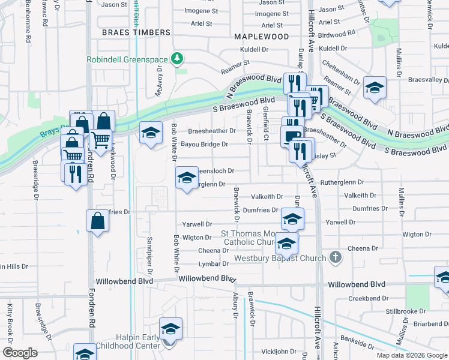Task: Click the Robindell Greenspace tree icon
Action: pyautogui.click(x=177, y=58)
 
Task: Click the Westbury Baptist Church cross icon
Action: pyautogui.click(x=336, y=258)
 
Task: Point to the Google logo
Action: pyautogui.click(x=20, y=352)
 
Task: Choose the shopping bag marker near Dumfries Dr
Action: pyautogui.click(x=98, y=221)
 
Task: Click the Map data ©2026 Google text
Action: pyautogui.click(x=411, y=355)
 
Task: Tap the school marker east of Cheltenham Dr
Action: pyautogui.click(x=375, y=89)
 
